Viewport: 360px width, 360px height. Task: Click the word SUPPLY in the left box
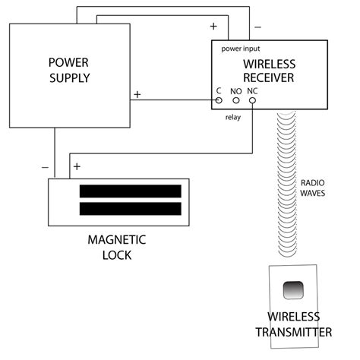70,77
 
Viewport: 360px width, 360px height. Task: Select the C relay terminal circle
219,99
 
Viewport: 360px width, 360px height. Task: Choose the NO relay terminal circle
236,99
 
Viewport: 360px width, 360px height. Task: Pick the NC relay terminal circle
253,99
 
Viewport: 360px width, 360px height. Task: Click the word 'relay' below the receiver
233,118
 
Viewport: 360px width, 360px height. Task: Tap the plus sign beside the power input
213,27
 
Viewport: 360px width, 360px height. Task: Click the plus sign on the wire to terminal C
137,94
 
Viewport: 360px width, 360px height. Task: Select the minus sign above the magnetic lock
45,166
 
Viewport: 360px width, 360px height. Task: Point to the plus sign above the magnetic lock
77,166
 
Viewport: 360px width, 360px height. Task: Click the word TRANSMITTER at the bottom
293,332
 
